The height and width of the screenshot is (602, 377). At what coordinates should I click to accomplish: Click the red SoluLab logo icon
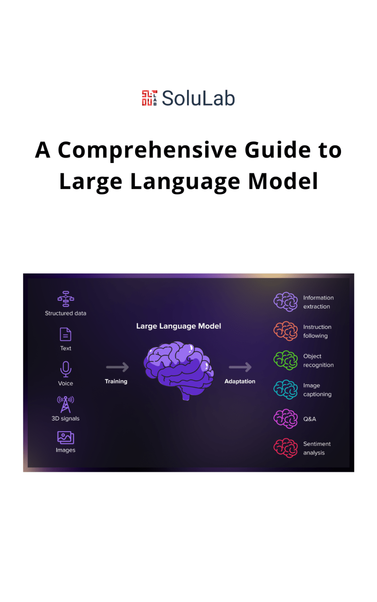tap(150, 98)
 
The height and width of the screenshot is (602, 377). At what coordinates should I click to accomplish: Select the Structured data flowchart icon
tap(66, 299)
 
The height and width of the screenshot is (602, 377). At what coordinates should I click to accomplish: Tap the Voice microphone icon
tap(66, 369)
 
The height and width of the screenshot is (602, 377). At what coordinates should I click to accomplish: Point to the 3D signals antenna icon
tap(65, 404)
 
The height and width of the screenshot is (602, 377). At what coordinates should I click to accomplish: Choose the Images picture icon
tap(65, 437)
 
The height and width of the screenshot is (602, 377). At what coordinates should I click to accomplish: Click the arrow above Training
tap(117, 367)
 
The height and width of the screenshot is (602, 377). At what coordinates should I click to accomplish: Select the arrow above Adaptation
tap(240, 367)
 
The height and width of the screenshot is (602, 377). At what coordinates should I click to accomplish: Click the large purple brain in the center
tap(179, 370)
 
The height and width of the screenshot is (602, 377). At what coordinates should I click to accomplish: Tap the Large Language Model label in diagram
tap(179, 326)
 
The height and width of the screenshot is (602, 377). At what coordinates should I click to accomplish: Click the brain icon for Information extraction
tap(285, 302)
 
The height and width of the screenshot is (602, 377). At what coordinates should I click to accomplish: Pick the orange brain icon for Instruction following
tap(285, 331)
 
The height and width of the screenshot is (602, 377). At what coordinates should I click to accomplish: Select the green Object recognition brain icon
tap(285, 361)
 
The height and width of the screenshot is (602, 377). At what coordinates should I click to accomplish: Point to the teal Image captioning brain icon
tap(285, 390)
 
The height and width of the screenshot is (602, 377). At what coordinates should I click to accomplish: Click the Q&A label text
tap(310, 419)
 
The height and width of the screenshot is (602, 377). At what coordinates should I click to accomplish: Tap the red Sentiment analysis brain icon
tap(285, 448)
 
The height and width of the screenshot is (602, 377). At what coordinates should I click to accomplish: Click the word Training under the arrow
tap(116, 381)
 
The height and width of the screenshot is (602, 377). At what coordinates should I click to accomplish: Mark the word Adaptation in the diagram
tap(240, 381)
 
